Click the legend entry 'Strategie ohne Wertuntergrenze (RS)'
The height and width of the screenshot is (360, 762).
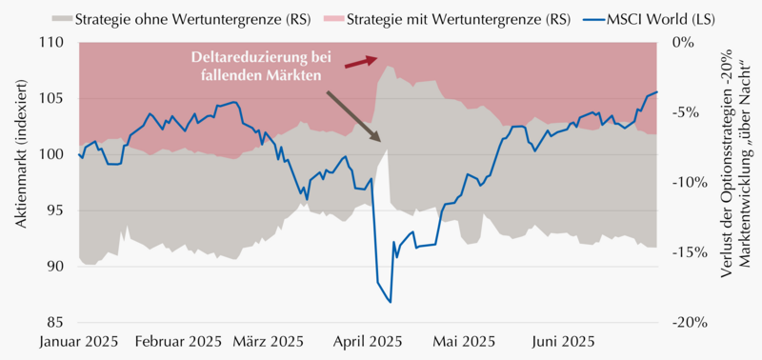(x=180, y=19)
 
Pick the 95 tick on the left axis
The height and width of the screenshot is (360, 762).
(x=62, y=210)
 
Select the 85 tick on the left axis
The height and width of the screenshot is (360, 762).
(x=62, y=323)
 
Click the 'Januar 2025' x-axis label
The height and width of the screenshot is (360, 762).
(x=78, y=342)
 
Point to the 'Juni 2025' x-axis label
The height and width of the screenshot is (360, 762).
(x=562, y=342)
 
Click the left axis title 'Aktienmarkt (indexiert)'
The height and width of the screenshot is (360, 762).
(x=22, y=153)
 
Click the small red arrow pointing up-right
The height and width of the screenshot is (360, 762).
(x=361, y=62)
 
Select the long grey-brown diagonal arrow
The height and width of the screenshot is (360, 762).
(x=353, y=115)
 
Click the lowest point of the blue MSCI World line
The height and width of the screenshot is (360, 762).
(x=391, y=303)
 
